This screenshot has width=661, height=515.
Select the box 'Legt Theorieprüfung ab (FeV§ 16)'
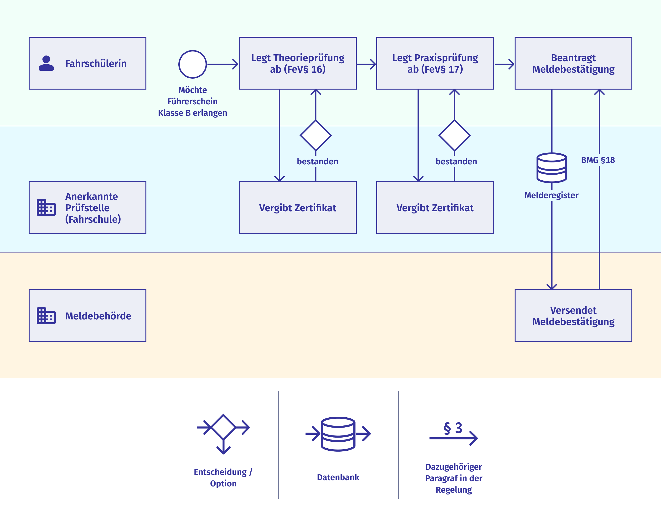coord(298,63)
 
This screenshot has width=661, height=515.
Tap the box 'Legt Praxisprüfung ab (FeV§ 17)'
coord(435,63)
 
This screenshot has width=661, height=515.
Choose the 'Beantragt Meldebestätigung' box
coord(573,63)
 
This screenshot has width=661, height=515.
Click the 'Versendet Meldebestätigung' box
coord(573,316)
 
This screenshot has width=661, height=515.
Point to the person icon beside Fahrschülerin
coord(46,63)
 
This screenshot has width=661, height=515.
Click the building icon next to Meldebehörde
coord(46,316)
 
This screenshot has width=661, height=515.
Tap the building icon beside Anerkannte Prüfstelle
coord(46,207)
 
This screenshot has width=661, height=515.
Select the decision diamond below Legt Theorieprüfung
coord(316,136)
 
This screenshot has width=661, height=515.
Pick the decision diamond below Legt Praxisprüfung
coord(454,136)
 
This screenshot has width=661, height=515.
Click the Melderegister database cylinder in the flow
coord(552,168)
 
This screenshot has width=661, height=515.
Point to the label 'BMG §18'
coord(598,160)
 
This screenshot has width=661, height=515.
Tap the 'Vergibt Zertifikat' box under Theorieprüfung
coord(298,207)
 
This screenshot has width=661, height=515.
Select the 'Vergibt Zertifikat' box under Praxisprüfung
coord(435,207)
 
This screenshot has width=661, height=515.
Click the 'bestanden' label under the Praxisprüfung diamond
coord(456,162)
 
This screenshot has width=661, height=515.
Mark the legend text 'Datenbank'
coord(338,477)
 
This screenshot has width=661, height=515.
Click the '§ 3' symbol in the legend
coord(453,428)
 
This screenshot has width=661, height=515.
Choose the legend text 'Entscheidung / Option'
coord(223,478)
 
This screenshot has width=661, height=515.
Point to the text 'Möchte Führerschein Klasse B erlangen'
coord(192,101)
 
